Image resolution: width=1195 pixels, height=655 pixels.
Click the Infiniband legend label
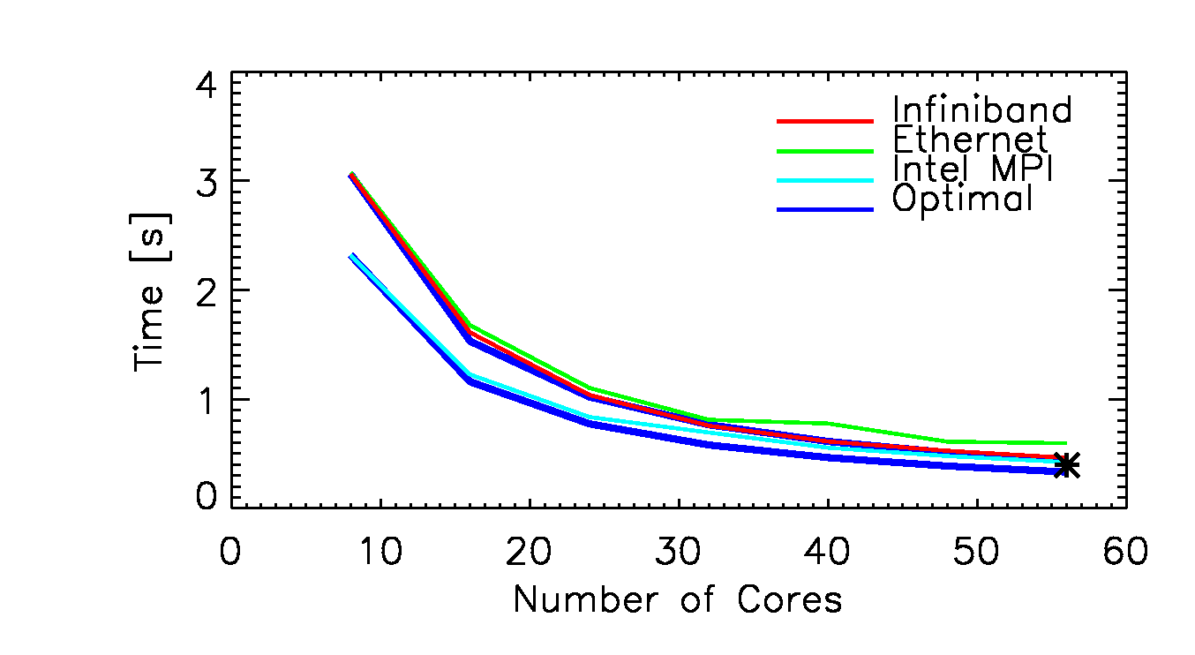click(x=981, y=110)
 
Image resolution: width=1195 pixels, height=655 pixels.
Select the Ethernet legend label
click(x=970, y=139)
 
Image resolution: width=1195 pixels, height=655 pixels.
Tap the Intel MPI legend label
click(x=974, y=169)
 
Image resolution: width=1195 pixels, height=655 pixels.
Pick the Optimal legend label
click(x=962, y=199)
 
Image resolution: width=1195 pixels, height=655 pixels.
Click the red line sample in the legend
click(x=824, y=120)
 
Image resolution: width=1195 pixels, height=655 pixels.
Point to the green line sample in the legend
click(x=824, y=150)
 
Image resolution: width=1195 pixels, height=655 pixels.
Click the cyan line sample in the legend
click(x=824, y=179)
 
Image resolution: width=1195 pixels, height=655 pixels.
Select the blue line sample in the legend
click(x=824, y=209)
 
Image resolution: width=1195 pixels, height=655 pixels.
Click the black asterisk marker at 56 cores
click(x=1066, y=465)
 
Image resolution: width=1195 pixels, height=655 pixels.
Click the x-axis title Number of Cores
click(x=677, y=600)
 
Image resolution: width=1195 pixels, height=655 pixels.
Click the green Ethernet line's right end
click(x=1065, y=443)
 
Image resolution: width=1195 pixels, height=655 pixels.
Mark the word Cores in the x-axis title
click(x=788, y=600)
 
